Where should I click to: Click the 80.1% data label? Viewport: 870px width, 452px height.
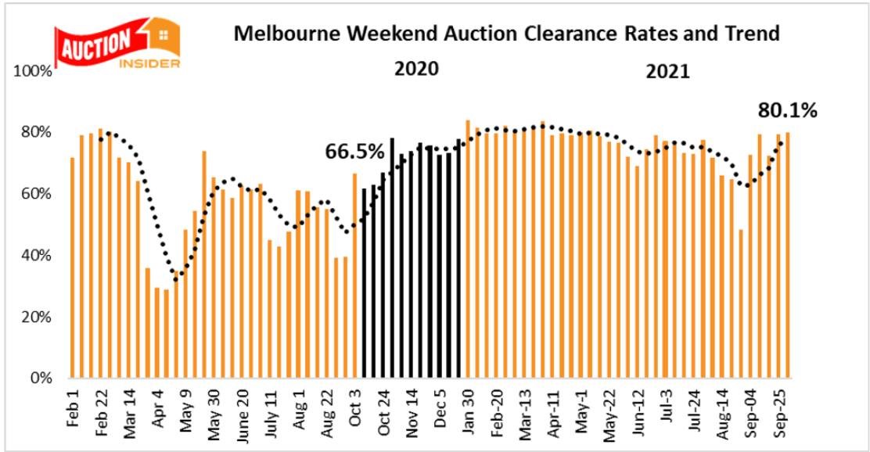click(x=787, y=110)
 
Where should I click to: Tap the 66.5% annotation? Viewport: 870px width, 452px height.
click(x=355, y=150)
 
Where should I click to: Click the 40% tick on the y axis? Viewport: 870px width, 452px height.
click(x=38, y=256)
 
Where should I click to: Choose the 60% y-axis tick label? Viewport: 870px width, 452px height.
click(x=38, y=195)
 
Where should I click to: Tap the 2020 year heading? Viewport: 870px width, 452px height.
click(x=416, y=67)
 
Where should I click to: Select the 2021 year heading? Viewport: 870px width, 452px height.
click(x=667, y=72)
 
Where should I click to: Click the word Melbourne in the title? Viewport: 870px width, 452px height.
click(x=281, y=34)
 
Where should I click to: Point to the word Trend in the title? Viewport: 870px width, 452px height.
click(x=754, y=34)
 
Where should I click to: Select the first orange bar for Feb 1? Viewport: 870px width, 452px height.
click(x=73, y=268)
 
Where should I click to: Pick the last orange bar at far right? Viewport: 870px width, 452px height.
click(x=787, y=256)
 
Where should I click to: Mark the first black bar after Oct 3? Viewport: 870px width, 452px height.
click(x=365, y=284)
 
